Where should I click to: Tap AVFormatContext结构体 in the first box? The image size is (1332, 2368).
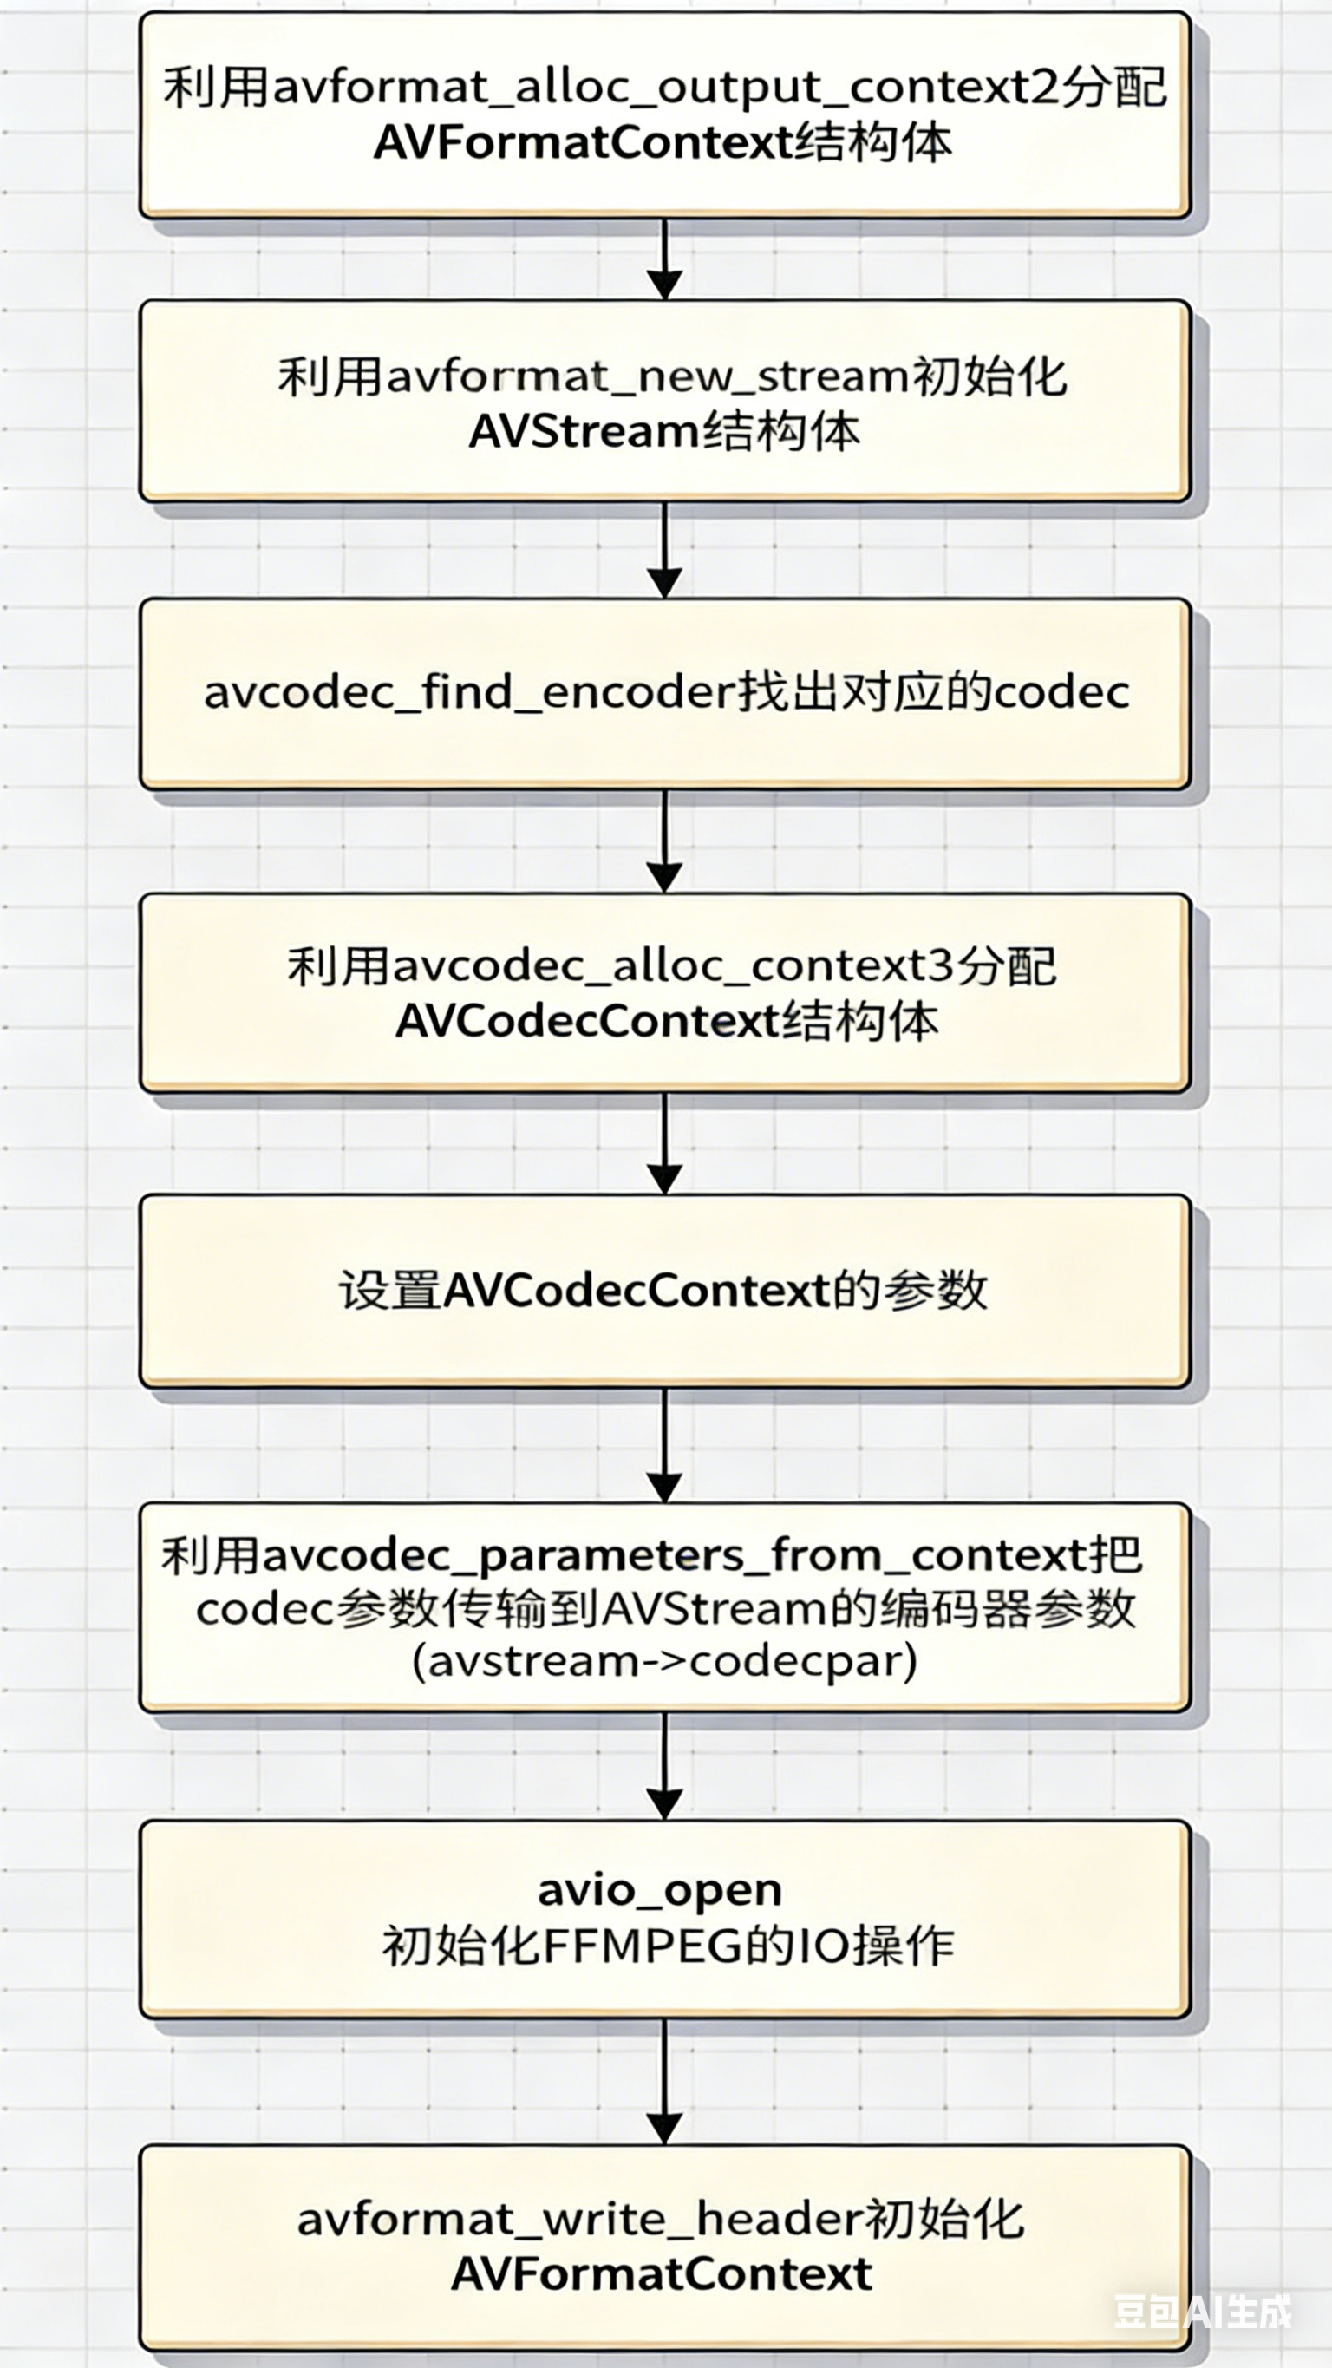pyautogui.click(x=663, y=143)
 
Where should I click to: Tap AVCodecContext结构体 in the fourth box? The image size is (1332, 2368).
pyautogui.click(x=667, y=1022)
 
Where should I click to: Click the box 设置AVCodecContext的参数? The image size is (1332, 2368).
pyautogui.click(x=663, y=1291)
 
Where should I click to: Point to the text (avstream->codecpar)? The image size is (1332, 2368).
pyautogui.click(x=663, y=1663)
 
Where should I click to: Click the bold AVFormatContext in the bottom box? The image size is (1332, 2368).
pyautogui.click(x=661, y=2274)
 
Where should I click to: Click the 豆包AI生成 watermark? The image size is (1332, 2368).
pyautogui.click(x=1204, y=2312)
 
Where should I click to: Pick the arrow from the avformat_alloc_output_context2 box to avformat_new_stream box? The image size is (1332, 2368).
pyautogui.click(x=664, y=259)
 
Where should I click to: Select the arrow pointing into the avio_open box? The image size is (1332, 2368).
pyautogui.click(x=664, y=1767)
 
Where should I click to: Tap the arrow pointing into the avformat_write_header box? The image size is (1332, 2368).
pyautogui.click(x=664, y=2083)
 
